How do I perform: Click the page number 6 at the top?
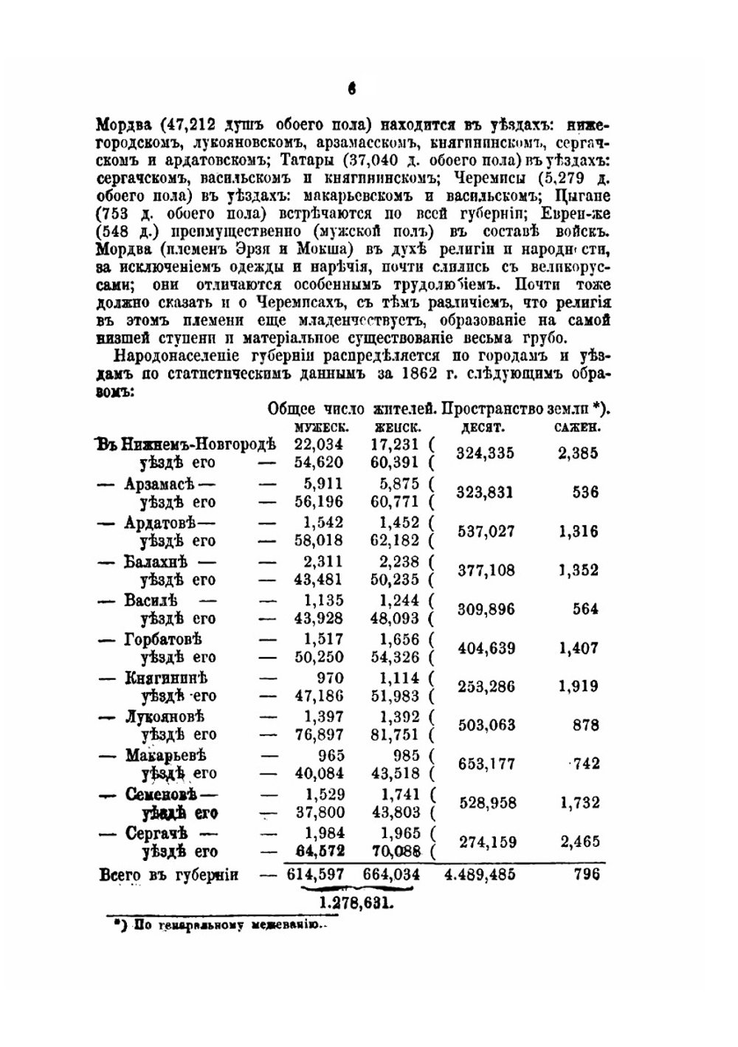coord(352,89)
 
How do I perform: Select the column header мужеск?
coord(321,427)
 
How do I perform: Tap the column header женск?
coord(398,427)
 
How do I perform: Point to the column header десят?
coord(483,427)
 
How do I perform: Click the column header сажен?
coord(577,427)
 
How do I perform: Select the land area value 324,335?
coord(485,453)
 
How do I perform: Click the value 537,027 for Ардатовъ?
coord(485,532)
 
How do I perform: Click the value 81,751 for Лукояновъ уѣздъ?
coord(396,735)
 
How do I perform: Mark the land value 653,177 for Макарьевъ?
coord(485,764)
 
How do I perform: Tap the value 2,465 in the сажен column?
coord(579,842)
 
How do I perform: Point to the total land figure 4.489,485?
coord(480,875)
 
